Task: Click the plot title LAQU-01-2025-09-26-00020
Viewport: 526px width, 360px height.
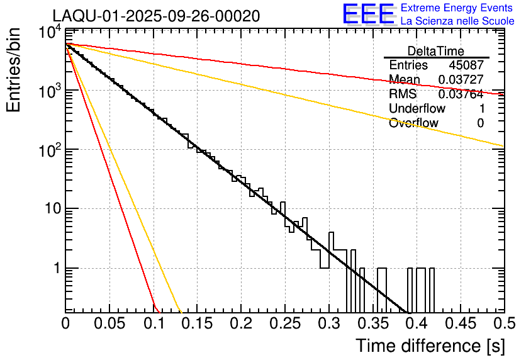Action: [x=156, y=16]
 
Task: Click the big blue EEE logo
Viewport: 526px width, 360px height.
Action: [x=368, y=14]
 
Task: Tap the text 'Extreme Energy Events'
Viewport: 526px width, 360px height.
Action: [x=457, y=8]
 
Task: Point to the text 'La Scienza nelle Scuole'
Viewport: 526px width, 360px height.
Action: [x=457, y=21]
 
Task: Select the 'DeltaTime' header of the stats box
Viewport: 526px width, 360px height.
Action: [x=436, y=51]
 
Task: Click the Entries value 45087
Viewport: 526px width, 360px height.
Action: [x=466, y=65]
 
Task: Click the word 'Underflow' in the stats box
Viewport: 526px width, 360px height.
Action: [x=417, y=108]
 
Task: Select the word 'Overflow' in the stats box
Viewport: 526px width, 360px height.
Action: [x=413, y=123]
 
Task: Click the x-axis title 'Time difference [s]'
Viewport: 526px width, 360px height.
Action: [x=430, y=346]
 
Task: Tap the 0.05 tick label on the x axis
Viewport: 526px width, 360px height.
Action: [x=109, y=324]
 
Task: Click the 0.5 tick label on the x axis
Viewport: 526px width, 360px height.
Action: [x=503, y=324]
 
